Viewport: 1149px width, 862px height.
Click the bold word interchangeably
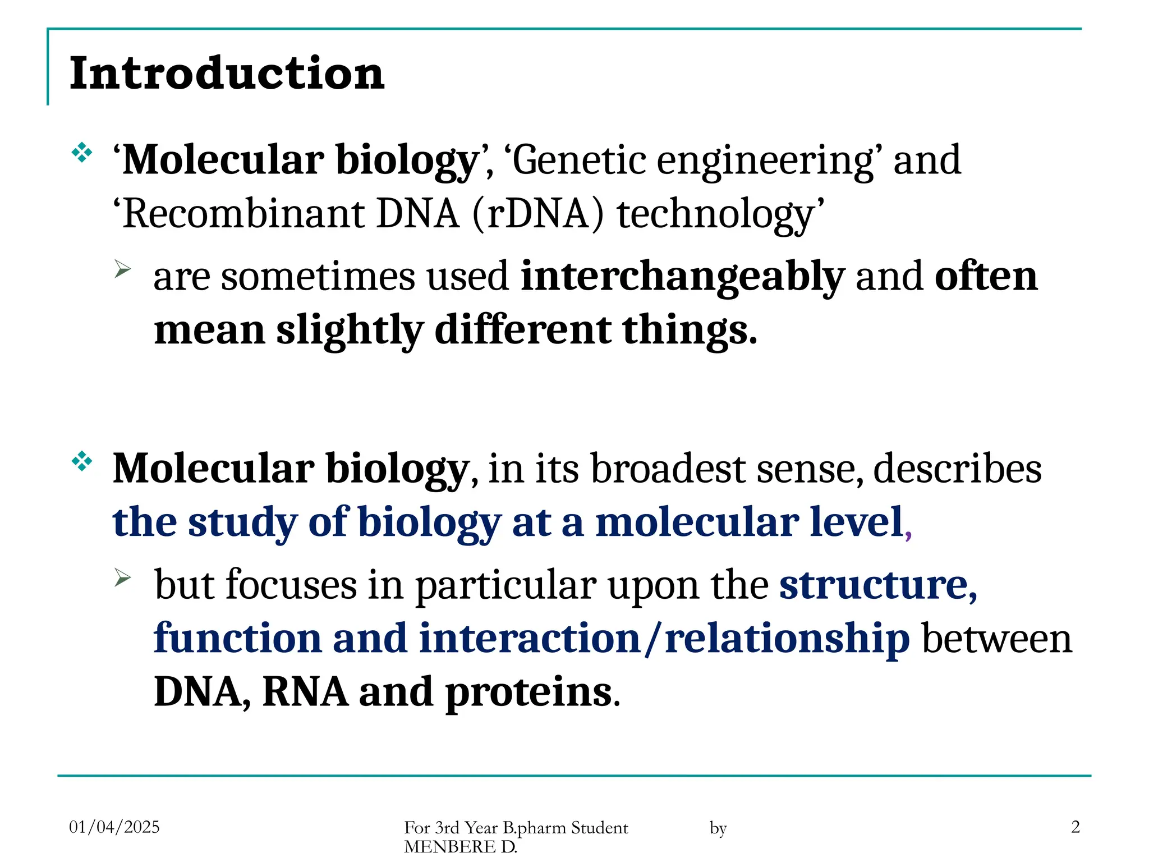click(x=682, y=277)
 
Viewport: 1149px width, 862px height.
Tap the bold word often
click(x=986, y=276)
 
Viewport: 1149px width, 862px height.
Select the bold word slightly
click(x=350, y=330)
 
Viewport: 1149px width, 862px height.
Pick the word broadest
click(x=668, y=468)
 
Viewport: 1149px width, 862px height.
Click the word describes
click(x=957, y=468)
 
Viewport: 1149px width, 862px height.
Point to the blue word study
click(x=242, y=523)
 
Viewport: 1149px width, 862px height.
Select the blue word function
click(x=237, y=639)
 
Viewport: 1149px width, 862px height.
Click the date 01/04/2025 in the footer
click(x=114, y=827)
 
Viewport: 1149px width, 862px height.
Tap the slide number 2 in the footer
click(x=1075, y=827)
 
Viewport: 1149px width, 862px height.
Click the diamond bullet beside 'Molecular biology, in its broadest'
click(x=82, y=461)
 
